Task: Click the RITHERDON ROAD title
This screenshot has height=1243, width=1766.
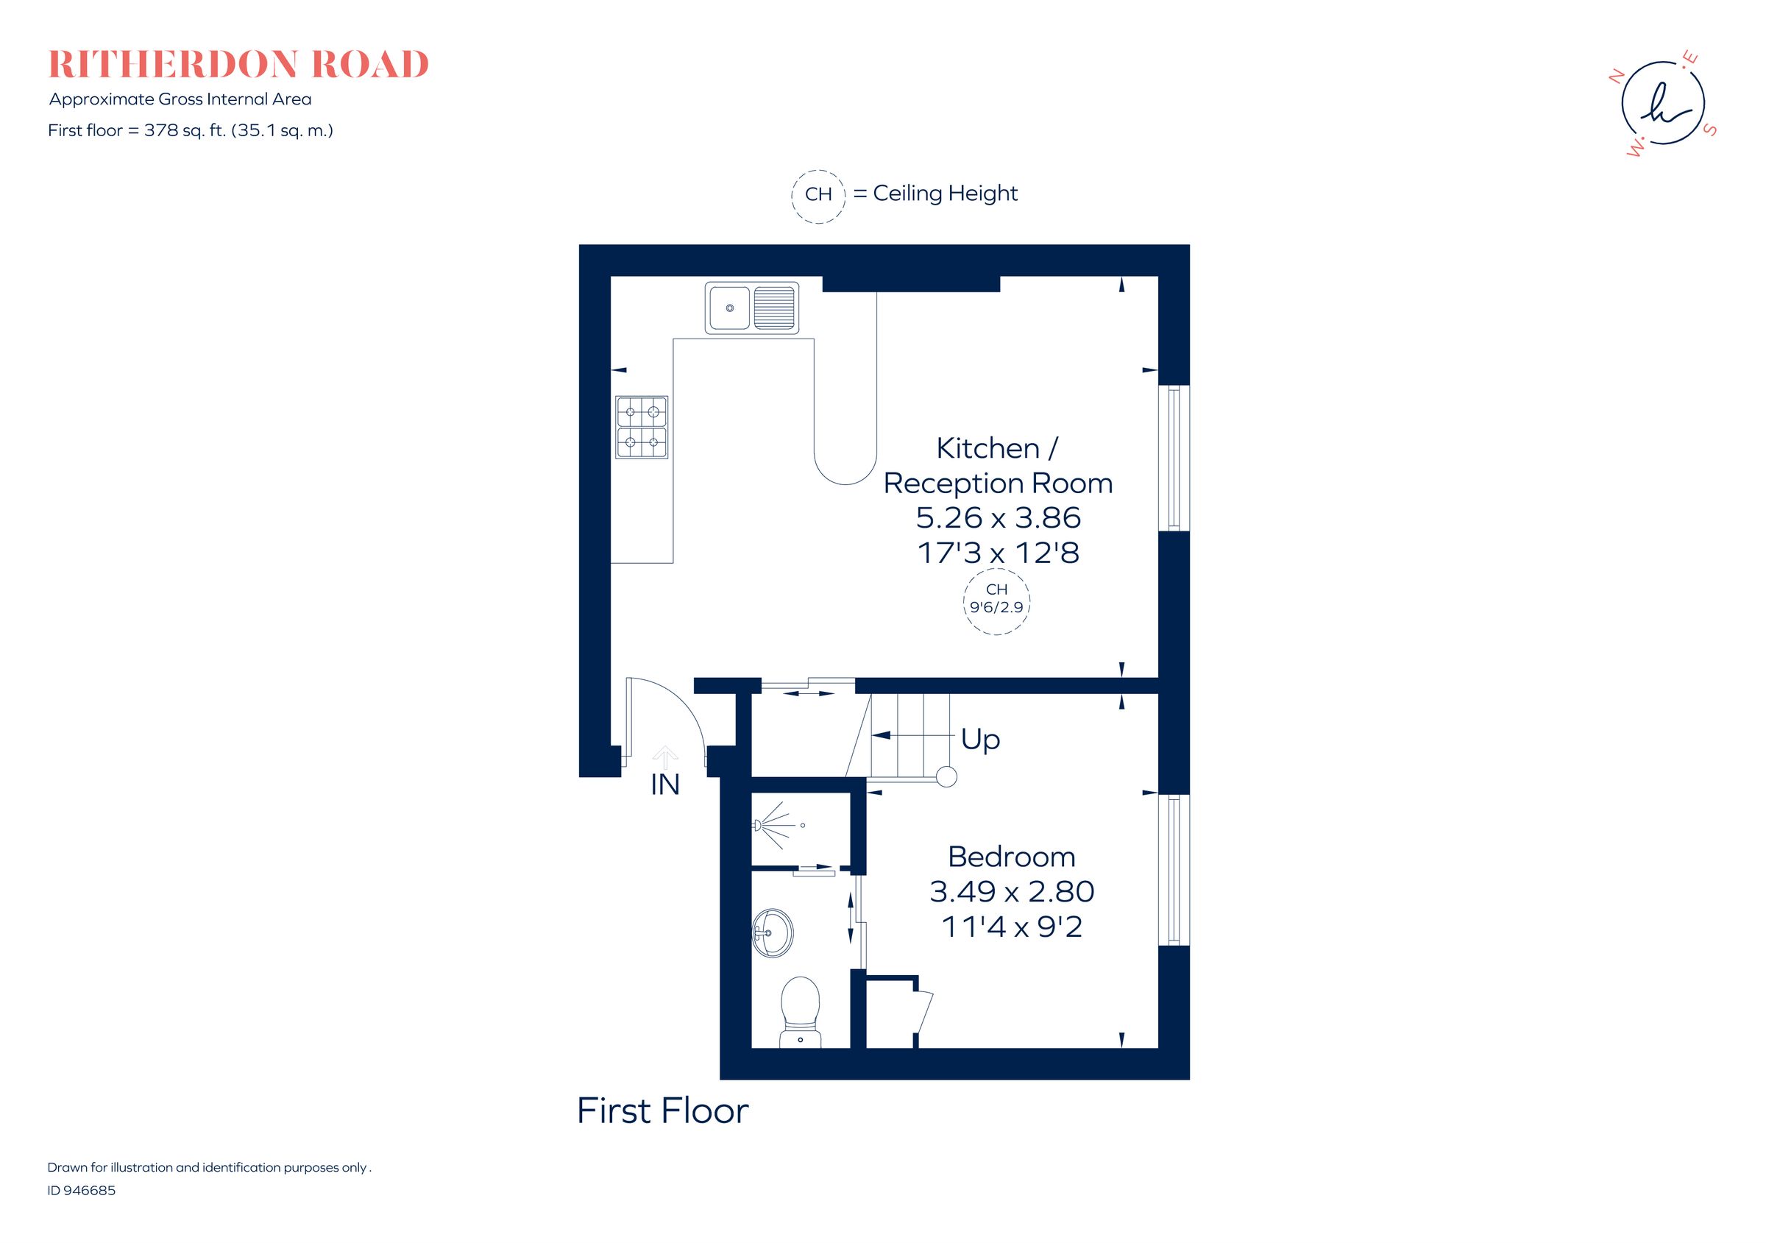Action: (x=238, y=65)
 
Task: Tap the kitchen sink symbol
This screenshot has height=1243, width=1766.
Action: (x=751, y=308)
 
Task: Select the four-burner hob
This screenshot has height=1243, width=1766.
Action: (x=642, y=428)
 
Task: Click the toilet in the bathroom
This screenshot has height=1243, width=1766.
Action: (x=800, y=1011)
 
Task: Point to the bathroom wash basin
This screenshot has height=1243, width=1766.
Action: (x=772, y=934)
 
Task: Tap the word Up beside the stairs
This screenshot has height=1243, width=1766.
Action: (x=980, y=740)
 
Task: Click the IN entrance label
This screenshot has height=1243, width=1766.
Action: (x=664, y=785)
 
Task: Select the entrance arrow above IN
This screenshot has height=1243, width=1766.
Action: (x=664, y=756)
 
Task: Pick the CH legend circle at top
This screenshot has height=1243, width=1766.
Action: (x=818, y=194)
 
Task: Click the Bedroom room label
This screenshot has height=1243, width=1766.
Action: (x=1012, y=857)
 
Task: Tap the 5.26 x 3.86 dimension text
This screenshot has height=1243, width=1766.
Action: (x=999, y=517)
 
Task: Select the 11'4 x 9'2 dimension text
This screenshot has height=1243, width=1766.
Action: (x=1012, y=927)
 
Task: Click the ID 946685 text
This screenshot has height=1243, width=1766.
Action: (x=82, y=1191)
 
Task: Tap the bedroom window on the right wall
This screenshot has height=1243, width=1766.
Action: (x=1174, y=869)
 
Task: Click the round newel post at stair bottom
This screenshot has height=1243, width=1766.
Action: (x=947, y=777)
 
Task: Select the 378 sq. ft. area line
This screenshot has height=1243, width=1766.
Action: (x=190, y=131)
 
